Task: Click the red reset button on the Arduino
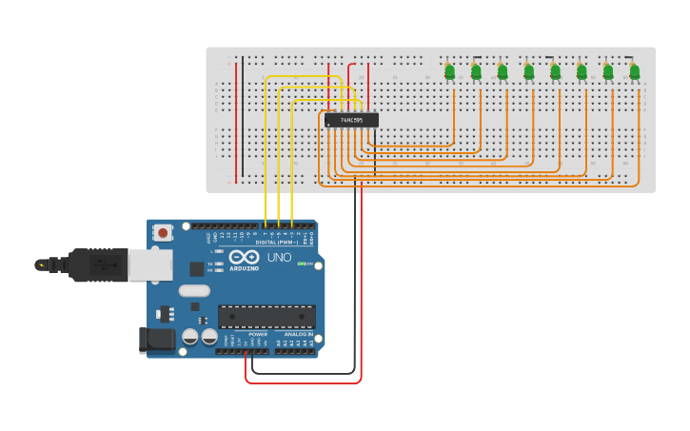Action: [x=163, y=232]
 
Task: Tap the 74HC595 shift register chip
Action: [x=351, y=120]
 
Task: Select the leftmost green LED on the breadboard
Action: [x=449, y=69]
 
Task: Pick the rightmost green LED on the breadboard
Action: [x=634, y=69]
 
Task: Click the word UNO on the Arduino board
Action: [x=279, y=257]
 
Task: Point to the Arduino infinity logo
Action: [x=244, y=257]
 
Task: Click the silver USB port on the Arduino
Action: [x=149, y=264]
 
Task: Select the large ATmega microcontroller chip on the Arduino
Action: [x=266, y=316]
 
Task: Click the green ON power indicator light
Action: [x=302, y=264]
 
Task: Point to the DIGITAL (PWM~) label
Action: [x=276, y=243]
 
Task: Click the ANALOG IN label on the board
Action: [x=297, y=334]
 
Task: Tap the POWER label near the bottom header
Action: [x=258, y=334]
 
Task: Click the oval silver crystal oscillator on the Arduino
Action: [x=193, y=291]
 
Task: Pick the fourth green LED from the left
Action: [x=528, y=69]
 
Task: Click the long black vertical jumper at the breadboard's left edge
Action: [x=242, y=114]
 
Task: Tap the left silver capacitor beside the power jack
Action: [x=190, y=337]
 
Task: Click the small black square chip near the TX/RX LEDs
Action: [x=196, y=269]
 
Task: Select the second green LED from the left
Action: [x=476, y=69]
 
